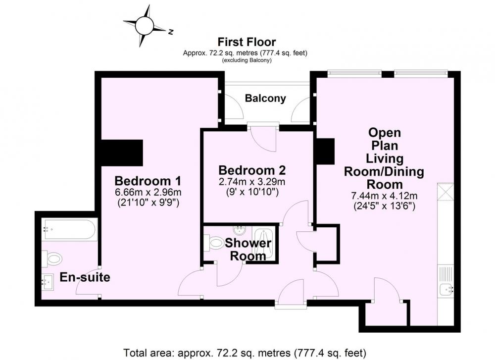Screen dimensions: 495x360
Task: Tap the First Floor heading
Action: tap(247, 42)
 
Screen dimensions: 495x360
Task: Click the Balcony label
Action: tap(265, 98)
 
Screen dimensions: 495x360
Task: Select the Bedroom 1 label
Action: tap(148, 181)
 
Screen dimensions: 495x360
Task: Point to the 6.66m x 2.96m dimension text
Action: tap(148, 192)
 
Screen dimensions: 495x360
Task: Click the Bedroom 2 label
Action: tap(252, 170)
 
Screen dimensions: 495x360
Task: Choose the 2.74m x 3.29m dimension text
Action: tap(252, 182)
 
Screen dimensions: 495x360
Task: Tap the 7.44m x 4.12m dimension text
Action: tap(384, 196)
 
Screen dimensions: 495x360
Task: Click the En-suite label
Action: tap(85, 277)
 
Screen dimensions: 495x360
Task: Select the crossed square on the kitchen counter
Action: tap(445, 191)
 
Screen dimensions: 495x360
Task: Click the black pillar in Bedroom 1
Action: tap(122, 153)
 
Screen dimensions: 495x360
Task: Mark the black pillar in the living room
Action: tap(326, 151)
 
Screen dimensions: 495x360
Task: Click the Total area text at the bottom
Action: tap(245, 352)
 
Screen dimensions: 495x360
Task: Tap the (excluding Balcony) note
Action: tap(247, 60)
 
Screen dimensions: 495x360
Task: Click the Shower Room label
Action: tap(248, 250)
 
